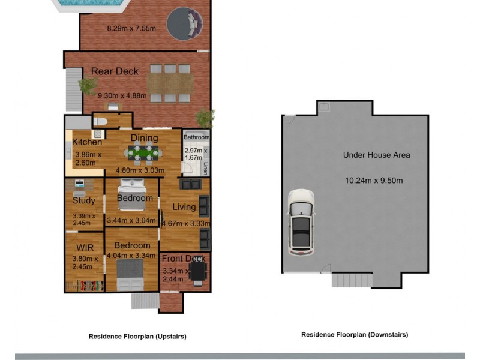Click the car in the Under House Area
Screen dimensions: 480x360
[x=301, y=223]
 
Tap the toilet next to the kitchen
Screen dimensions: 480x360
[x=100, y=122]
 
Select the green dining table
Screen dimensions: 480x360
[x=143, y=153]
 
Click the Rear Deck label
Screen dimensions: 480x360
[x=115, y=71]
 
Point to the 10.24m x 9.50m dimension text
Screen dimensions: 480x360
[x=374, y=181]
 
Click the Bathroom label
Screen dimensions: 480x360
[x=197, y=137]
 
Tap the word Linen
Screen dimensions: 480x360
[x=206, y=169]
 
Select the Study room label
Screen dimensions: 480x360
[x=84, y=201]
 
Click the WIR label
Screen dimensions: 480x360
[x=85, y=248]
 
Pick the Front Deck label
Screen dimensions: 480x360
[x=184, y=259]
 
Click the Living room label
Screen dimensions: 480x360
[x=184, y=207]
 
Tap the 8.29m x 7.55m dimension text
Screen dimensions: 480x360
[x=131, y=28]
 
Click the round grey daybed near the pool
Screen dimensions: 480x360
[x=185, y=24]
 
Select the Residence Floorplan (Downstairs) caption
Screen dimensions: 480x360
[x=355, y=335]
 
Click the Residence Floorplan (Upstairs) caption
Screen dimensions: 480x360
[x=137, y=337]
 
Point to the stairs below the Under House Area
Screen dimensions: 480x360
[x=352, y=280]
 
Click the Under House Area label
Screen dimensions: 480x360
[x=377, y=155]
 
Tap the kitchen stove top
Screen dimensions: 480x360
[x=98, y=134]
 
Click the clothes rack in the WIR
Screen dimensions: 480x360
[x=85, y=286]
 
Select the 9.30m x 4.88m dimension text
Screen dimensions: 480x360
[x=122, y=96]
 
